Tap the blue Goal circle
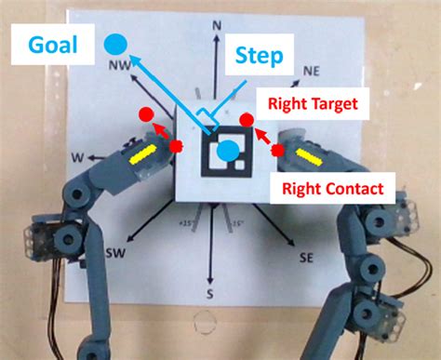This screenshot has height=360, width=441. [115, 42]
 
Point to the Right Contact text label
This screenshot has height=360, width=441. [331, 189]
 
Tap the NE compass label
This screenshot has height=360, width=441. [313, 71]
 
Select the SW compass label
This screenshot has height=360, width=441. [116, 254]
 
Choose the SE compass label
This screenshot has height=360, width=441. [305, 256]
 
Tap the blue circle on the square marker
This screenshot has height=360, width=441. [226, 149]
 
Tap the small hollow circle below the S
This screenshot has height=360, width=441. [202, 325]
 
